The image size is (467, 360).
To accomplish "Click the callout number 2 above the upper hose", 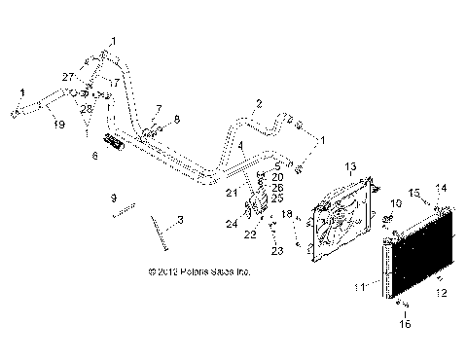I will pyautogui.click(x=259, y=103).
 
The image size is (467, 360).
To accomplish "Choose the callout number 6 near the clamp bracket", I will pyautogui.click(x=94, y=155).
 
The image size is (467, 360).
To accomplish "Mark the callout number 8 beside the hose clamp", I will pyautogui.click(x=177, y=119).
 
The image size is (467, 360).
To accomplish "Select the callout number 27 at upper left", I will pyautogui.click(x=67, y=76).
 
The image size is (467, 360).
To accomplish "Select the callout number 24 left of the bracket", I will pyautogui.click(x=232, y=224).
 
